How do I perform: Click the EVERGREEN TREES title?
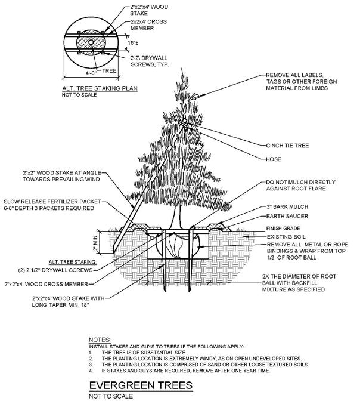point(140,385)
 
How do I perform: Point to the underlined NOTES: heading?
point(99,338)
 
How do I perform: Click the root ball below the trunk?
point(179,244)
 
